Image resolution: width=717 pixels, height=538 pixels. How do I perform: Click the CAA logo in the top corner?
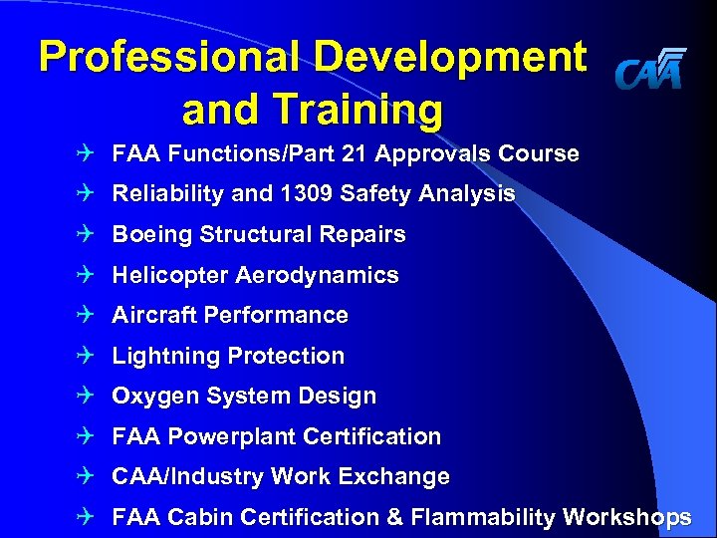pos(650,69)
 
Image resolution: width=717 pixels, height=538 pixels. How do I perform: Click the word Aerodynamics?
pos(321,275)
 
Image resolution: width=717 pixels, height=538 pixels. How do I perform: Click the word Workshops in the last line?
pos(627,518)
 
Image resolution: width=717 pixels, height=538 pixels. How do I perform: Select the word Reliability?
pos(168,194)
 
